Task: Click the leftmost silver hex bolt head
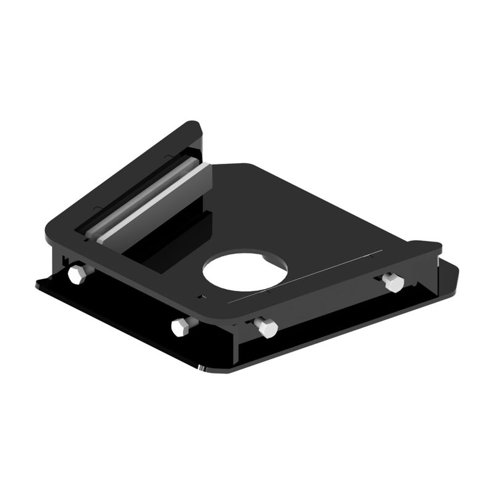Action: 77,274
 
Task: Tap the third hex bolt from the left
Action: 267,327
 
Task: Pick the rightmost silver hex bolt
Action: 393,282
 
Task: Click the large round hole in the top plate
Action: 245,270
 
